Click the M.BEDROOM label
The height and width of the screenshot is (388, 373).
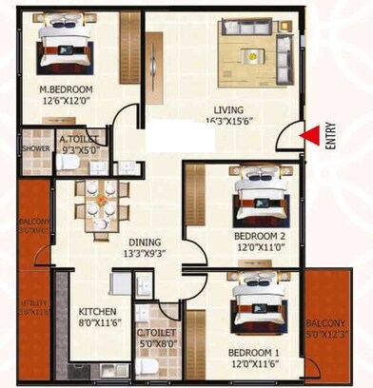point(64,91)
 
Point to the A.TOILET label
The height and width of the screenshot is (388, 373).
point(79,139)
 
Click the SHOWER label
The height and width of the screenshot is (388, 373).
point(36,149)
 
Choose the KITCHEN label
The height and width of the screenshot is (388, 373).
point(97,311)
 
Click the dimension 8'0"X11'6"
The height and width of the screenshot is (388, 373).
point(97,322)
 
